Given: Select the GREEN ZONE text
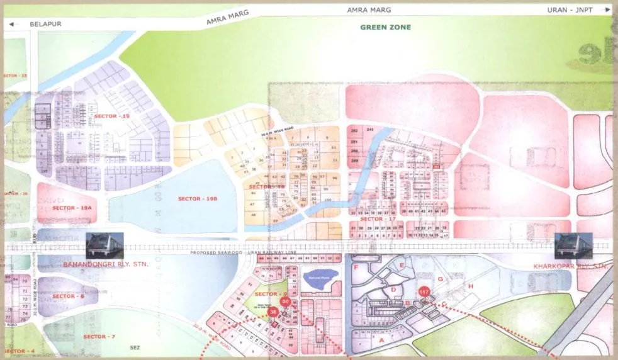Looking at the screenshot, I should pos(385,28).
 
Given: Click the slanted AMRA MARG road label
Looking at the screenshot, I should pos(228,17).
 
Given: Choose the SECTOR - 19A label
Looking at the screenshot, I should pos(72,208).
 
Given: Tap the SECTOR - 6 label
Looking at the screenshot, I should pos(68,296).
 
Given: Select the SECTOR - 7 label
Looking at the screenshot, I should pos(99,337).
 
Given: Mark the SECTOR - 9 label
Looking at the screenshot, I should pos(271,294).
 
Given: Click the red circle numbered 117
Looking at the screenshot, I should pos(424,292).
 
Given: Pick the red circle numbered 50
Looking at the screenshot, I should pos(286,302).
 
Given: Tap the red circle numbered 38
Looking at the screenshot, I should pos(272,312).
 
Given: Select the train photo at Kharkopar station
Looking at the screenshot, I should pos(573,246).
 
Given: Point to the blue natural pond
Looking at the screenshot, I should pos(320,276).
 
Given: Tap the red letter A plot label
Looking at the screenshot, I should pos(381,339).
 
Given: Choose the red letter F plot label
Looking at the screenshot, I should pos(357,267).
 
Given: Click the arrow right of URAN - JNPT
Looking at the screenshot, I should pos(606,10).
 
